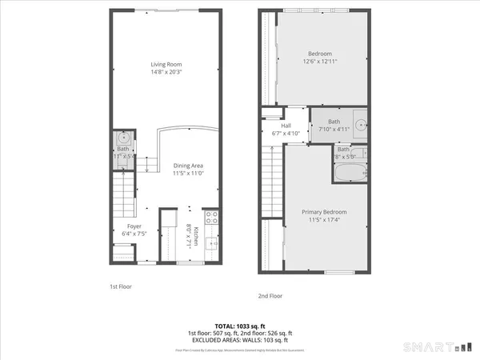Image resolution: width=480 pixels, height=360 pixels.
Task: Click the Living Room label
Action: tap(164, 65)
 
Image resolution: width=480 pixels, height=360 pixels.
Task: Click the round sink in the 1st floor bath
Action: tap(122, 137)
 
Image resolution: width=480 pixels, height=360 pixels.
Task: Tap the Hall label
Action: tap(286, 126)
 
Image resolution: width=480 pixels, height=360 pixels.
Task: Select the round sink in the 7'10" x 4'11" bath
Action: tap(361, 125)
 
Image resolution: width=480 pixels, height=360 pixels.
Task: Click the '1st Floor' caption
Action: tap(121, 286)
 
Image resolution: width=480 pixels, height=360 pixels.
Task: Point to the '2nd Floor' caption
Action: tap(270, 295)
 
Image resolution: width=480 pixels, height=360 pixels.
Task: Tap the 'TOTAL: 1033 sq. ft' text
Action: tap(239, 326)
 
